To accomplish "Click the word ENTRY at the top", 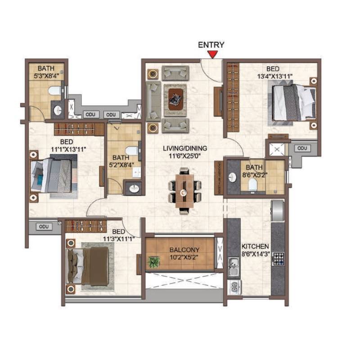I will coord(211,45).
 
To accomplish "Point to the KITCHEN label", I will coord(255,247).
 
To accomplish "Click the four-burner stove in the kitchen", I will coord(279,258).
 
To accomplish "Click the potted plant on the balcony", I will coord(154,262).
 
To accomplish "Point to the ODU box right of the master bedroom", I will coord(302,148).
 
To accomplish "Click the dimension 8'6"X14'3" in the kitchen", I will coord(255,254).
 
